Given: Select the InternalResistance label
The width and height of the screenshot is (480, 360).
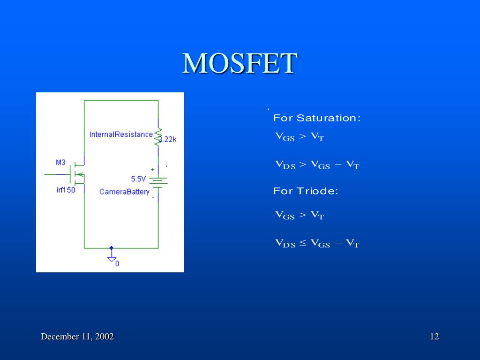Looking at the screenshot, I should (x=121, y=135).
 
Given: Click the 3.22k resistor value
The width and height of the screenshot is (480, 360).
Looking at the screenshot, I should (x=168, y=140).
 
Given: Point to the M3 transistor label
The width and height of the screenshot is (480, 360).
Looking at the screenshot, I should (x=61, y=163).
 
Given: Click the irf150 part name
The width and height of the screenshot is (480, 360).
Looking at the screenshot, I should (x=65, y=190).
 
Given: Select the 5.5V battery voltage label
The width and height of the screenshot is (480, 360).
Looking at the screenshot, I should (x=139, y=179).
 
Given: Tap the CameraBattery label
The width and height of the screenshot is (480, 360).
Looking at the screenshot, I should (x=124, y=192).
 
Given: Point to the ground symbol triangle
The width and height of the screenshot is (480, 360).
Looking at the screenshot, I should (x=112, y=258).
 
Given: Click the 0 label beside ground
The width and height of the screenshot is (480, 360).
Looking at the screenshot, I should (x=117, y=263).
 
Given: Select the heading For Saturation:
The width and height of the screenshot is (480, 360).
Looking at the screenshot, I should (x=317, y=118).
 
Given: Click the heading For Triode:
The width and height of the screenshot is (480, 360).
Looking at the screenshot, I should (x=306, y=191).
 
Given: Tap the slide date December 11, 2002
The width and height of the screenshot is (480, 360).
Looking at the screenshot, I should (x=77, y=337).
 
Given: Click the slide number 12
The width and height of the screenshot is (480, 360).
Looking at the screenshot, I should (x=434, y=337).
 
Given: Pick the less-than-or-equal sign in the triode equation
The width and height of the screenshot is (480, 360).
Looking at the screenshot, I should (x=303, y=243).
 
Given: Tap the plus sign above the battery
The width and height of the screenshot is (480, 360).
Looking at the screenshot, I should (x=152, y=170).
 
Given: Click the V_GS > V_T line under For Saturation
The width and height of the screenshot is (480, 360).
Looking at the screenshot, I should (x=299, y=137).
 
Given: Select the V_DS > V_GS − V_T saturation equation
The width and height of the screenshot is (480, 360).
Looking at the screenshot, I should (x=317, y=165).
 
